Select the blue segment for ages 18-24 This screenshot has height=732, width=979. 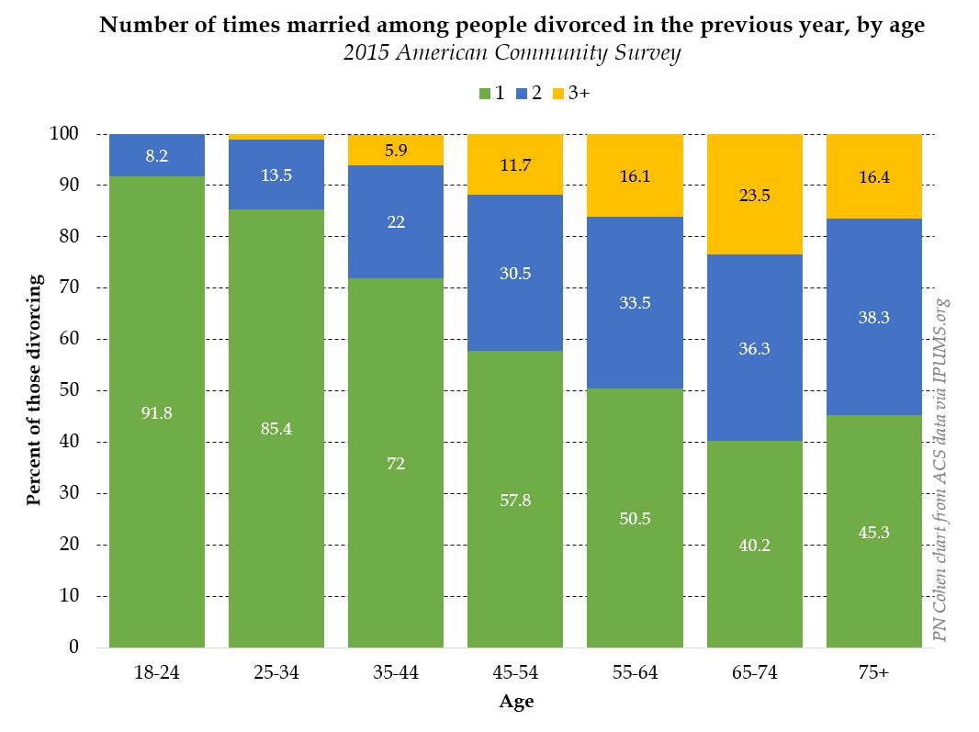coord(156,155)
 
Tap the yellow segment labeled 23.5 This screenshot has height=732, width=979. coord(754,194)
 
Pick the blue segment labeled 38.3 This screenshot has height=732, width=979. coord(873,317)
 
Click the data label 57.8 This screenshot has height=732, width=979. coord(514,500)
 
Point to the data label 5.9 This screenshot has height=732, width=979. coord(396,150)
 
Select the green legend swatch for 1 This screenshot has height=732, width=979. coord(483,94)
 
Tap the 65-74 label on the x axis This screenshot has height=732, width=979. coord(754,673)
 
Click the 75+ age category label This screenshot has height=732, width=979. coord(873,673)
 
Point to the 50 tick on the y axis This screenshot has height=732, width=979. coord(80,390)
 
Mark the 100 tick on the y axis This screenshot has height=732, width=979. coord(75,134)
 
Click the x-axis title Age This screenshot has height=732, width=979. coord(516,703)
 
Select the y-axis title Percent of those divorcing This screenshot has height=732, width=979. coord(34,390)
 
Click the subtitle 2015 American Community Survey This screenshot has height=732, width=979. coord(512,53)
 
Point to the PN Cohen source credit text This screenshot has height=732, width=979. coord(941,468)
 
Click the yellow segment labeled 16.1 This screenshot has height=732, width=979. coord(635,175)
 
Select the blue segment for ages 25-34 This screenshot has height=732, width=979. coord(276,175)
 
